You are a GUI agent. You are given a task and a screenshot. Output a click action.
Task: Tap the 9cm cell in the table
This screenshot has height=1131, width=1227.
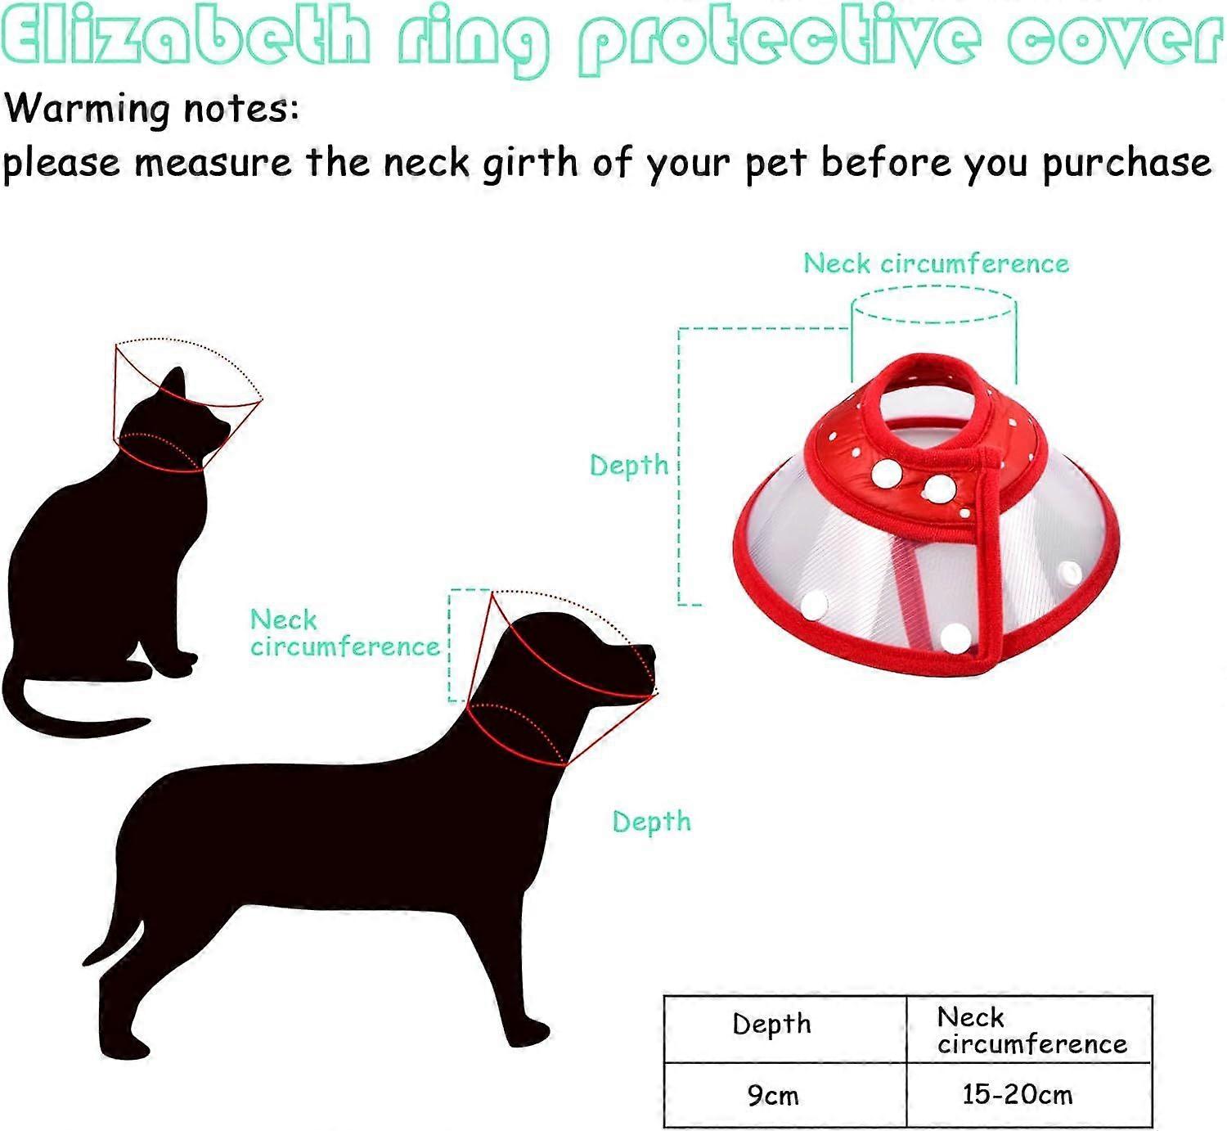(772, 1095)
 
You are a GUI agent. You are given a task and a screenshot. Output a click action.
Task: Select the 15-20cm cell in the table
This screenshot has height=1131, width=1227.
(1017, 1095)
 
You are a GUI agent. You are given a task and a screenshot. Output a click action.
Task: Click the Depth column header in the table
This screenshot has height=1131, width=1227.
(771, 1025)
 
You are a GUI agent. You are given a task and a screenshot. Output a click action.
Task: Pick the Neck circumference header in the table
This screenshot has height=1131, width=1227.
(1031, 1030)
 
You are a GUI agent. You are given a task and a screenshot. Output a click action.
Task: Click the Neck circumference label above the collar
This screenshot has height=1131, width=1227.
(936, 264)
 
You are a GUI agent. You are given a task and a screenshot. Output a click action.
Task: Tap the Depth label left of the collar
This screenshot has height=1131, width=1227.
(629, 466)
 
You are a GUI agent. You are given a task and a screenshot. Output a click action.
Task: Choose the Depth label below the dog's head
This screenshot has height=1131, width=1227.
(651, 822)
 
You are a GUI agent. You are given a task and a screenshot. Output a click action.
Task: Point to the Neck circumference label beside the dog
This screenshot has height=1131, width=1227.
(344, 633)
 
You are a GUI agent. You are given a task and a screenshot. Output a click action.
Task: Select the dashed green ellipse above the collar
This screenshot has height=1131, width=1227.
(933, 304)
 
